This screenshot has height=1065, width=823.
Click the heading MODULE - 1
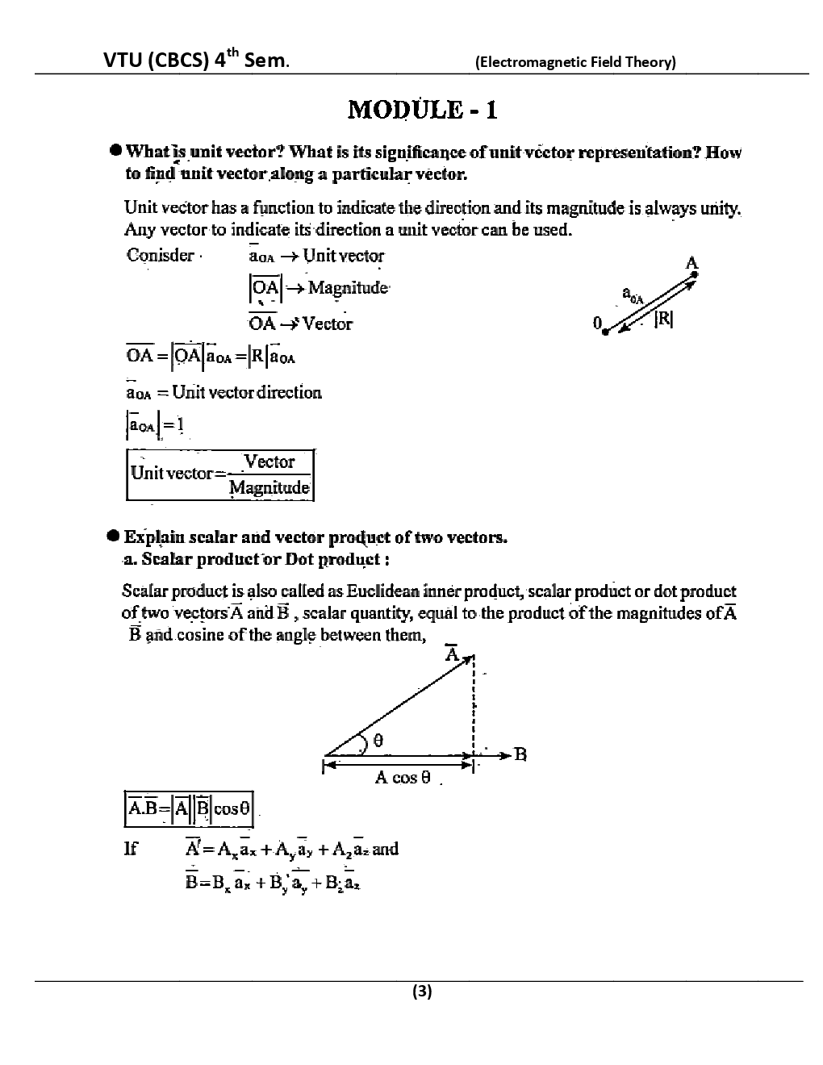pyautogui.click(x=422, y=109)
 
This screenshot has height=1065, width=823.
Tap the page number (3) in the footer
pyautogui.click(x=422, y=992)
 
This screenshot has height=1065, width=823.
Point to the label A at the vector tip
pyautogui.click(x=691, y=263)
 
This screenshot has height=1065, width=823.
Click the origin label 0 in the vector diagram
pyautogui.click(x=597, y=324)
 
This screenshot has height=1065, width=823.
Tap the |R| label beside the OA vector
pyautogui.click(x=663, y=319)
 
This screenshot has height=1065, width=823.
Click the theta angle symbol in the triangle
pyautogui.click(x=378, y=739)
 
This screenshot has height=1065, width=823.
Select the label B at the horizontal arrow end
pyautogui.click(x=520, y=755)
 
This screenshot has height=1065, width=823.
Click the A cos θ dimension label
pyautogui.click(x=403, y=778)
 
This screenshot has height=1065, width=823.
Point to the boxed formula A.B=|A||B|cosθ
pyautogui.click(x=189, y=808)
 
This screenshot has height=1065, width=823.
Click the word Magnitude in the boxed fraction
pyautogui.click(x=269, y=487)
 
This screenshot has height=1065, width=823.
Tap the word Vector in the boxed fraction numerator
pyautogui.click(x=269, y=461)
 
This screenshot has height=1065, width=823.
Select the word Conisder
pyautogui.click(x=161, y=256)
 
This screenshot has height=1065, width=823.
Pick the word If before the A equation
pyautogui.click(x=130, y=849)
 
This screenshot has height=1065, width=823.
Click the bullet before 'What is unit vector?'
pyautogui.click(x=117, y=151)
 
